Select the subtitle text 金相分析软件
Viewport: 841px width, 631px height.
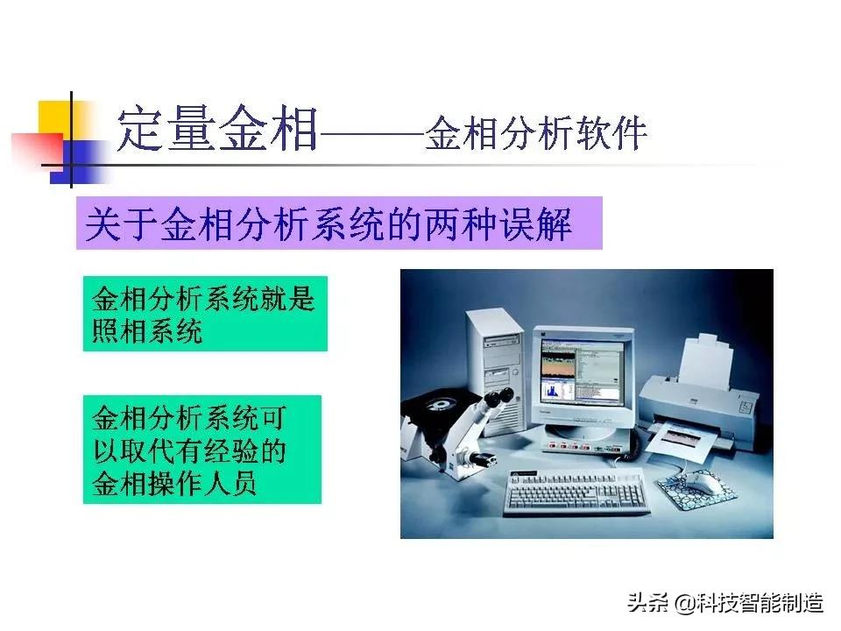pos(536,134)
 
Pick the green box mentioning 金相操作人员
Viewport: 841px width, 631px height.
pos(201,449)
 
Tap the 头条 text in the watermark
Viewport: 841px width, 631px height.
pos(644,603)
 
